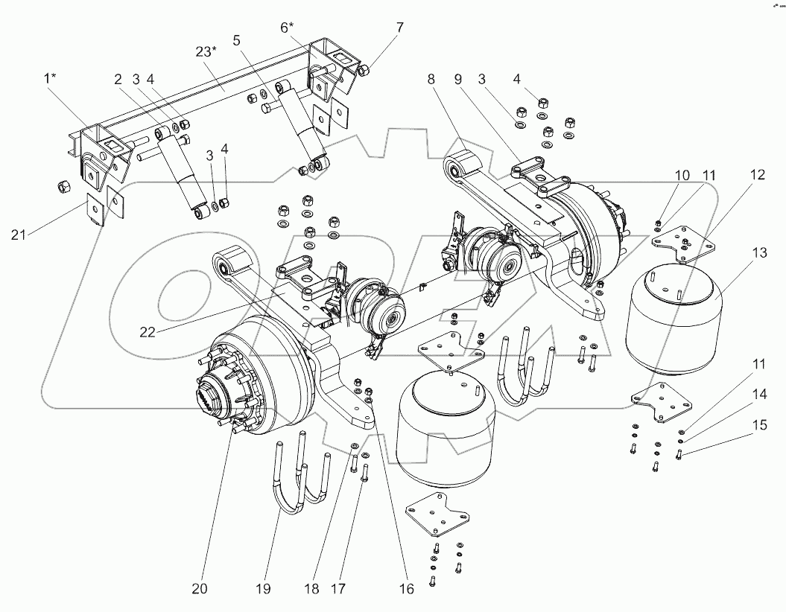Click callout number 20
click(199, 589)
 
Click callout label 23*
click(206, 51)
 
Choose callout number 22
click(148, 332)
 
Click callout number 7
click(399, 28)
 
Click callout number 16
click(405, 589)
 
